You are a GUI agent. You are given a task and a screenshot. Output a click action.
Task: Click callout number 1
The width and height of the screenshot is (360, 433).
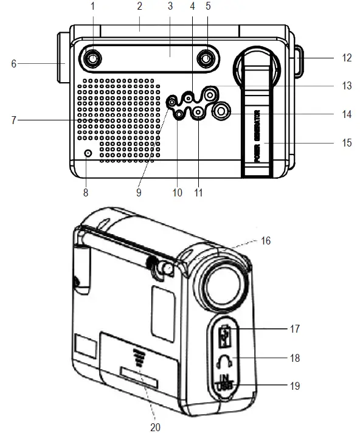point(93,7)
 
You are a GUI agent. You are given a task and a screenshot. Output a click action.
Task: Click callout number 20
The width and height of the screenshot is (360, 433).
point(155,427)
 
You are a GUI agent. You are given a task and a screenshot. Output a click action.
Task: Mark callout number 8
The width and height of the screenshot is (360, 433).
point(85,193)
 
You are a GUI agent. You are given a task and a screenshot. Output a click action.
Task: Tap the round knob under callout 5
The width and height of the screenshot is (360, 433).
point(207,58)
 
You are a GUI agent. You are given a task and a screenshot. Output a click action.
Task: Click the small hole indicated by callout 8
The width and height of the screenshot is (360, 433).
point(88,154)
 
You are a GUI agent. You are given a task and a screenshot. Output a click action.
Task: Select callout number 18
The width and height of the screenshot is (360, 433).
point(295,358)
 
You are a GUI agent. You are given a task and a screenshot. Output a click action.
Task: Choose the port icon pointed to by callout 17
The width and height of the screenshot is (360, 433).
point(225,336)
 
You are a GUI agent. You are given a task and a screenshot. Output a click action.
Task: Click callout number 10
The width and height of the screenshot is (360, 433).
point(178,193)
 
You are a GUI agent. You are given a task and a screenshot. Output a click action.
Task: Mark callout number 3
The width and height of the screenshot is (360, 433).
point(170,7)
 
